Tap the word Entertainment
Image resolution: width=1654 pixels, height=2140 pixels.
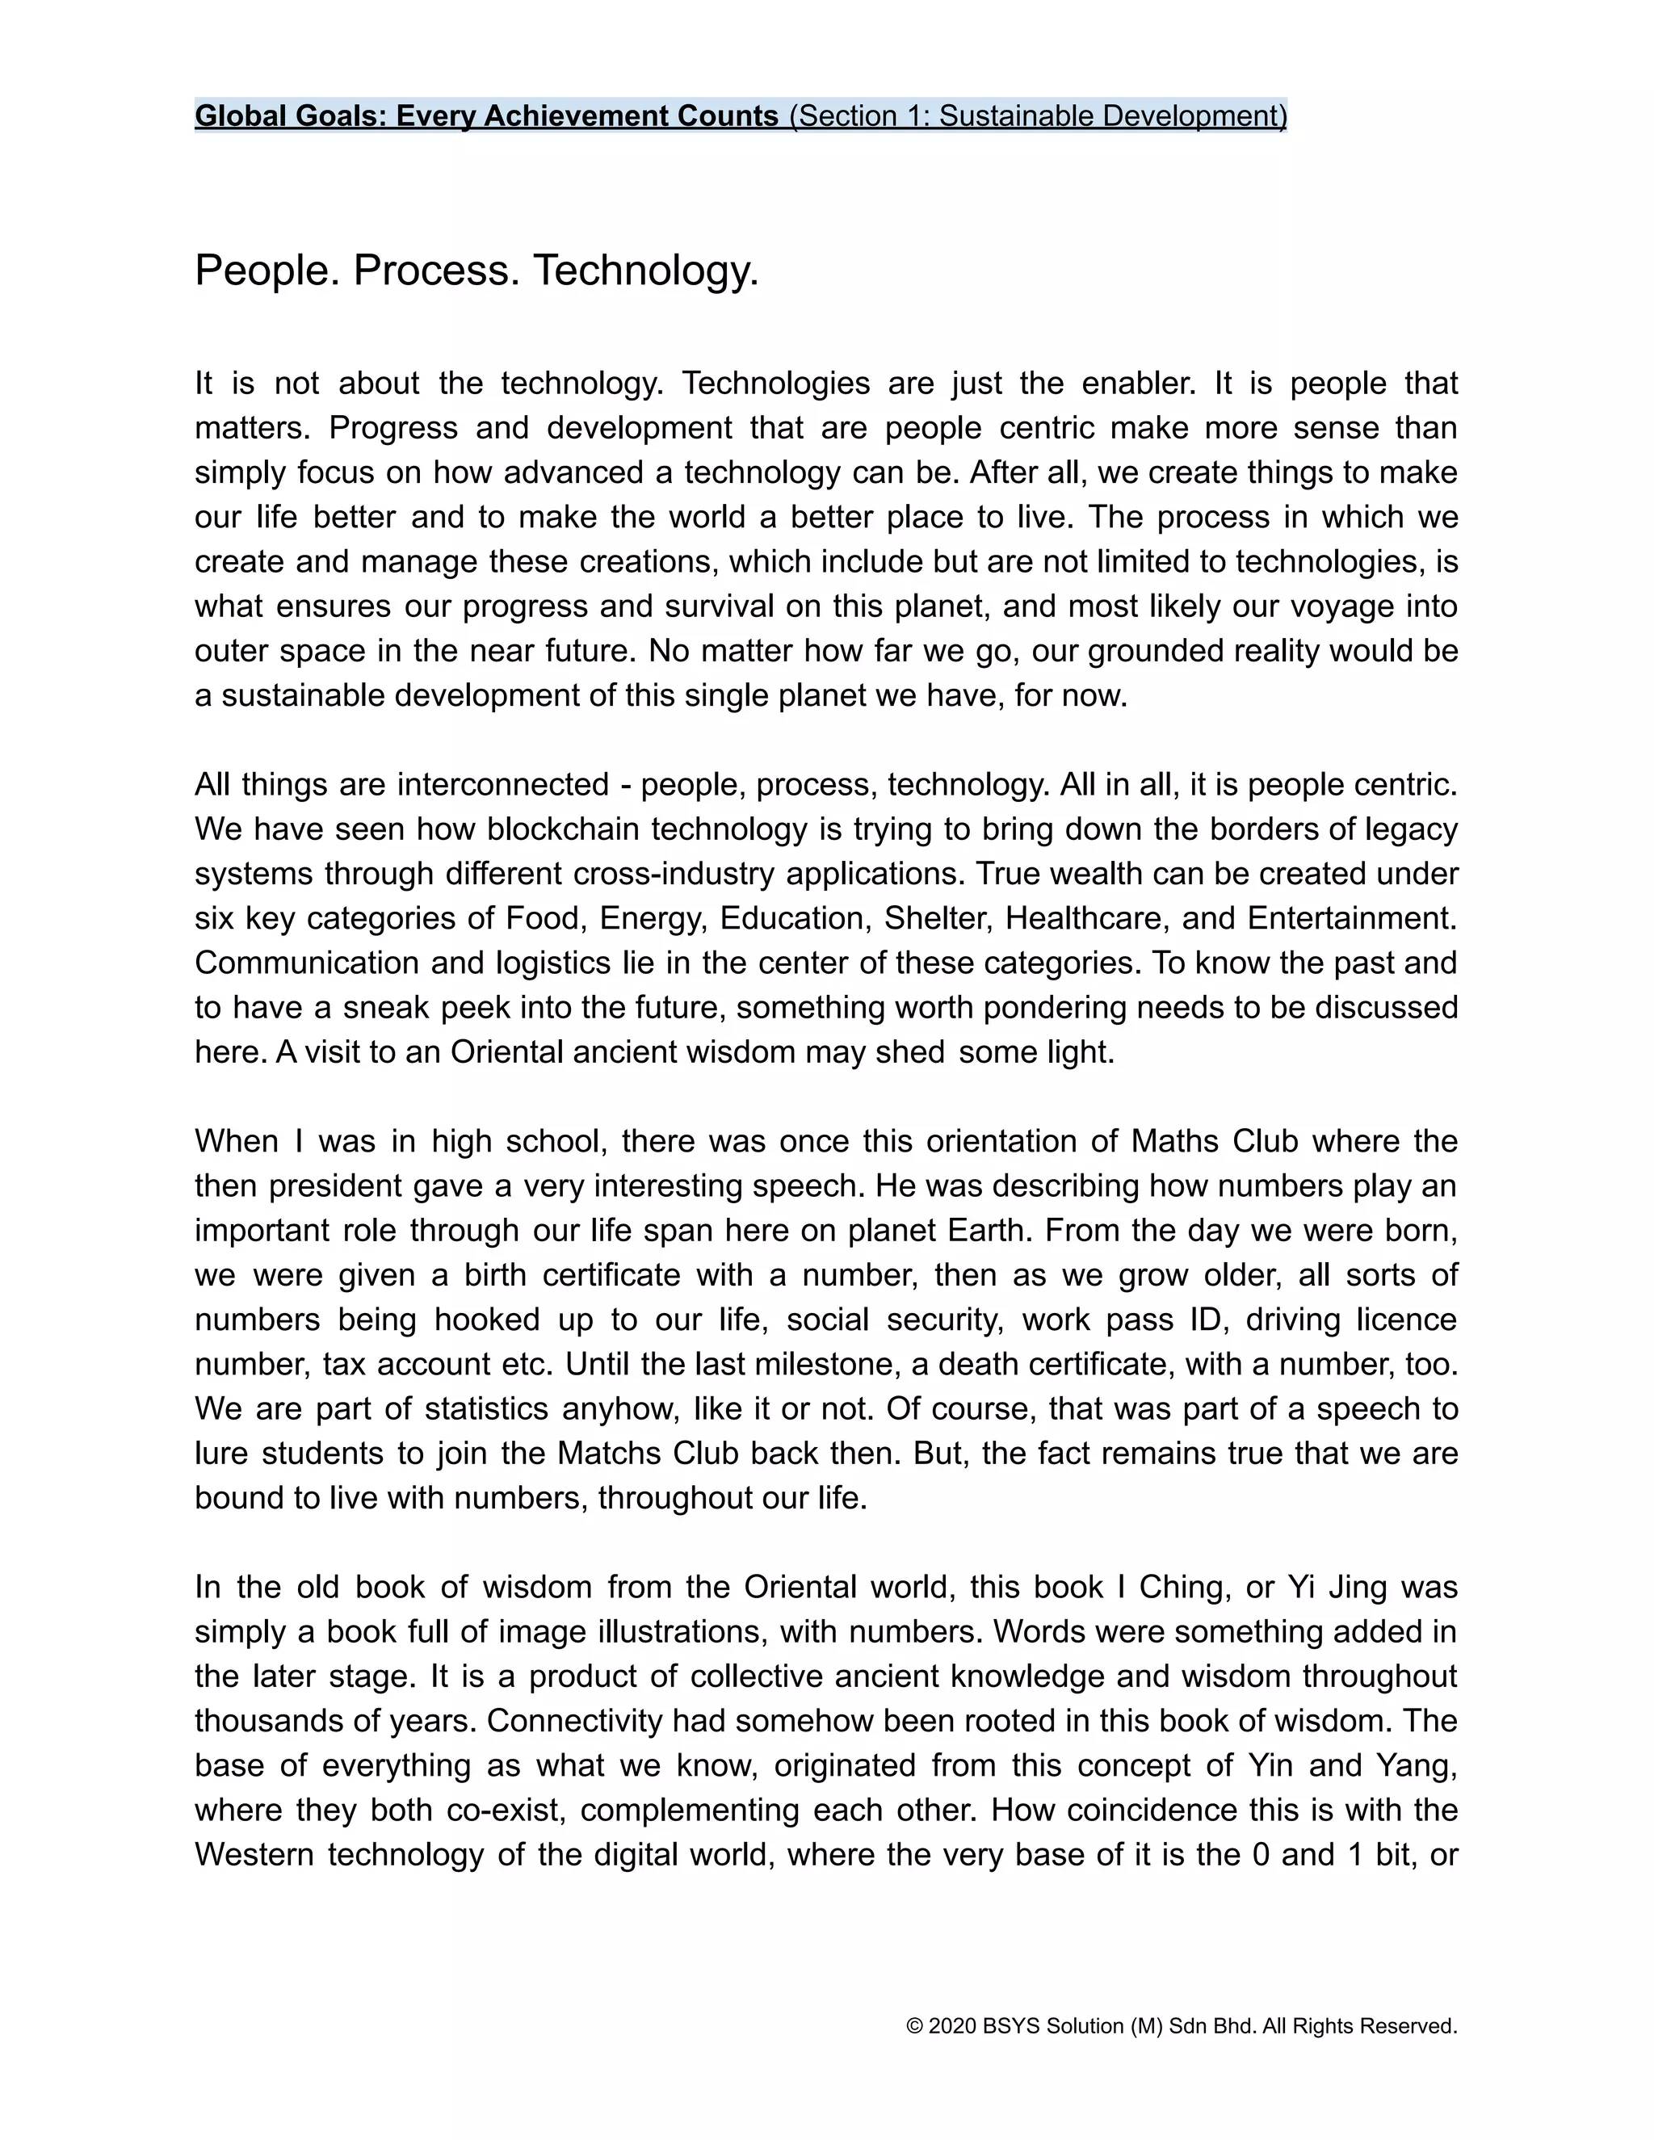tap(1351, 918)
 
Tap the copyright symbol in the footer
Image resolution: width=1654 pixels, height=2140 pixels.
tap(915, 2026)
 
